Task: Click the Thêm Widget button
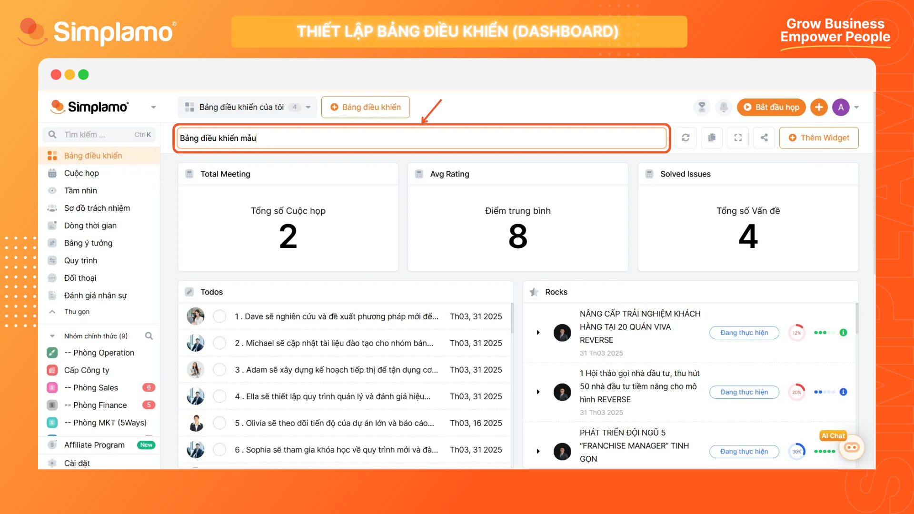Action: tap(819, 138)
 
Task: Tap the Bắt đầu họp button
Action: tap(771, 107)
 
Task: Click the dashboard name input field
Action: tap(422, 138)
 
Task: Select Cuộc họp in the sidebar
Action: tap(81, 173)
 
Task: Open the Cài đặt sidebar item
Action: tap(77, 463)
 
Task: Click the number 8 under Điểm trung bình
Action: tap(518, 237)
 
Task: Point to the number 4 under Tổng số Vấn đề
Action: tap(748, 237)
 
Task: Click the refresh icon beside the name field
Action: tap(685, 138)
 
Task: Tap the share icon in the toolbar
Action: tap(764, 138)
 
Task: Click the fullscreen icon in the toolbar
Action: tap(738, 138)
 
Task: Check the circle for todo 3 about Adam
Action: tap(219, 370)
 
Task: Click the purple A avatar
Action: tap(841, 107)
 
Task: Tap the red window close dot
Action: tap(56, 75)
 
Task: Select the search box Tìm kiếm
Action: tap(99, 135)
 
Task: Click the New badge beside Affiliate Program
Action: tap(146, 445)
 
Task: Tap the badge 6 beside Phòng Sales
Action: tap(149, 387)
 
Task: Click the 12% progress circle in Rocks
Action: tap(796, 333)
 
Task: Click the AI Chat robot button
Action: tap(851, 447)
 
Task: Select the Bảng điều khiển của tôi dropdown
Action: tap(248, 107)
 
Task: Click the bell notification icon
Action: tap(724, 107)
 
